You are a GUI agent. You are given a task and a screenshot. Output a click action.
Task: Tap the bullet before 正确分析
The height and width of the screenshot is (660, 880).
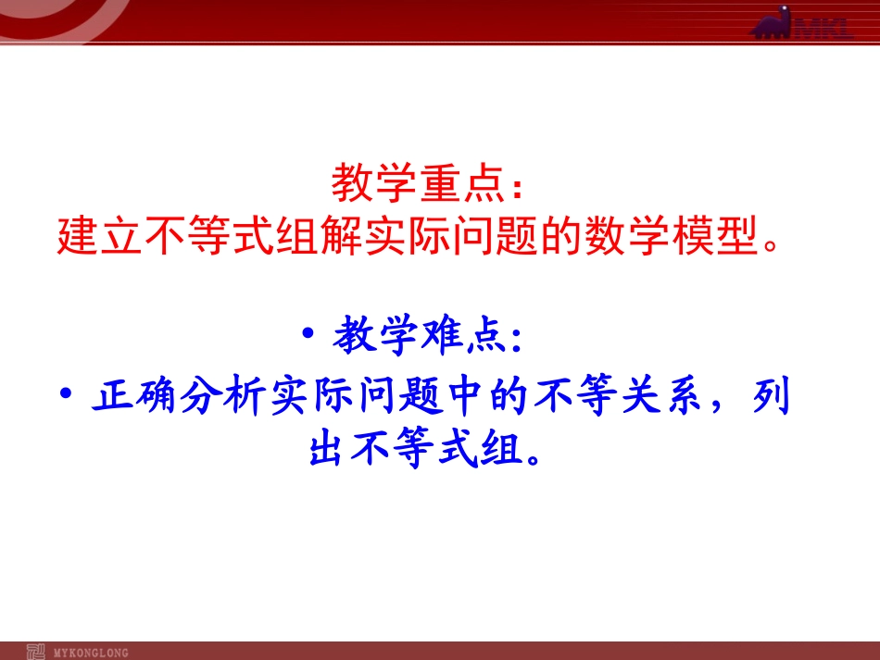coord(65,394)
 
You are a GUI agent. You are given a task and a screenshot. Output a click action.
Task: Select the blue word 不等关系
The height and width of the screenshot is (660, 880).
coord(616,398)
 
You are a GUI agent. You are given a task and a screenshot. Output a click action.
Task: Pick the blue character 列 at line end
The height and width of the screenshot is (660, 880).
coord(772,398)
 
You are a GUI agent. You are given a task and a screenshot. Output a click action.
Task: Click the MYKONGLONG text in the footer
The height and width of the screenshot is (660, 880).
coord(92,652)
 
